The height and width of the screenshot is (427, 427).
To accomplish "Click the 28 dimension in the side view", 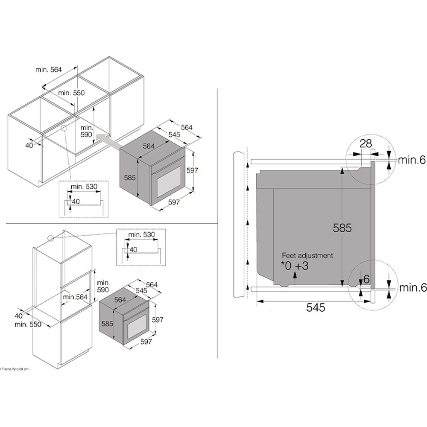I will point(366,143).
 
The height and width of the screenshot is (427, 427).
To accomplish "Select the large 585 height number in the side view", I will point(342,228).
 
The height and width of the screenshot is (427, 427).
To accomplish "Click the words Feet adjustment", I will point(307,256).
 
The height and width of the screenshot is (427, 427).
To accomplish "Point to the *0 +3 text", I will point(295,266).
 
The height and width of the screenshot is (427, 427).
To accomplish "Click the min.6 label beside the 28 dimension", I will point(412,160).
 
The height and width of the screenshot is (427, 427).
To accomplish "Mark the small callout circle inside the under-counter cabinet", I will point(64,128).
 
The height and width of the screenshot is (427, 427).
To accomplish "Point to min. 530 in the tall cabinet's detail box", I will point(141,235).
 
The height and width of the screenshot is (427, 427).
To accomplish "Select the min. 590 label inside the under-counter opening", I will point(87,131).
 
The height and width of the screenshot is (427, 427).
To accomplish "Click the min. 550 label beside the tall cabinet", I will point(28,324).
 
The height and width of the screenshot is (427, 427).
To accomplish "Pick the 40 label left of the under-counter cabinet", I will point(29,146).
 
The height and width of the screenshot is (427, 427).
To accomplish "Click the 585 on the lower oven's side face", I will point(108,324).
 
